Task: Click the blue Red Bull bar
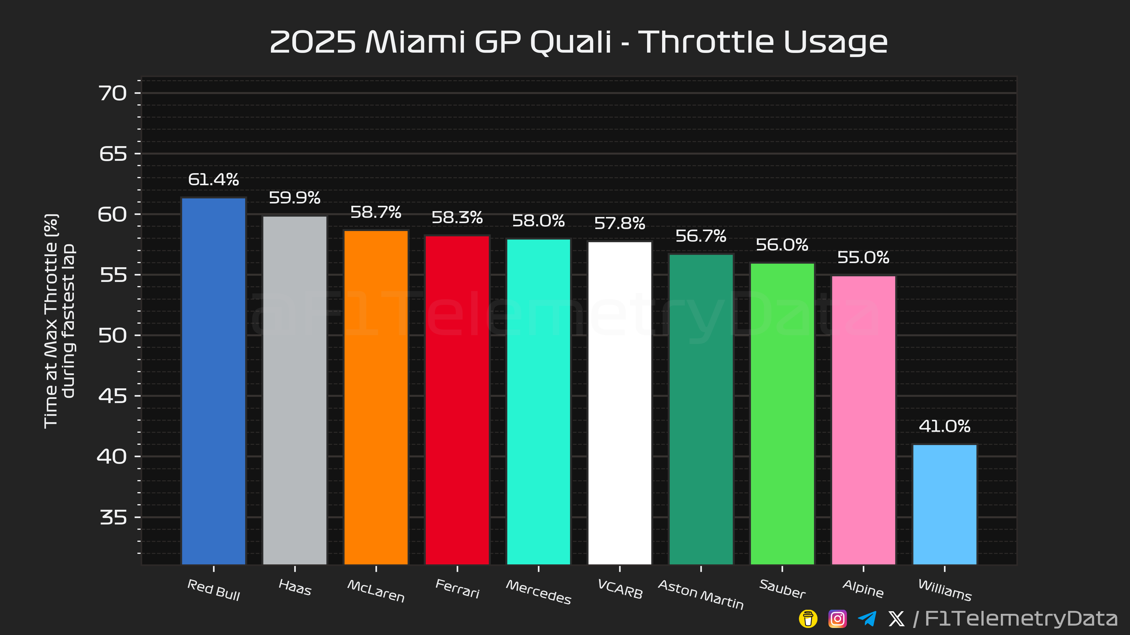click(214, 381)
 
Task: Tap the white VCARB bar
click(619, 403)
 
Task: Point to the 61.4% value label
click(214, 179)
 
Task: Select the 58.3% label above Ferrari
click(457, 217)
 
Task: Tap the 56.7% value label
click(701, 236)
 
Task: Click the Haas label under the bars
click(295, 588)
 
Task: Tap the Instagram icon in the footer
click(837, 619)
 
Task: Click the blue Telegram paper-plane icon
click(867, 619)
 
